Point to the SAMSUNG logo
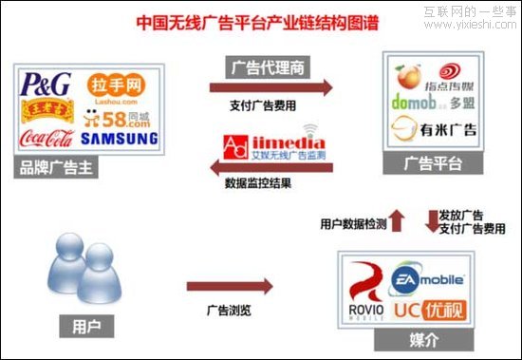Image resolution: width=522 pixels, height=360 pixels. coord(119,139)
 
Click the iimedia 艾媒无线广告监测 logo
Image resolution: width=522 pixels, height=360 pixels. coord(271,144)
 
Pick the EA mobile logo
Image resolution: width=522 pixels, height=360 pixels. coord(427,279)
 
